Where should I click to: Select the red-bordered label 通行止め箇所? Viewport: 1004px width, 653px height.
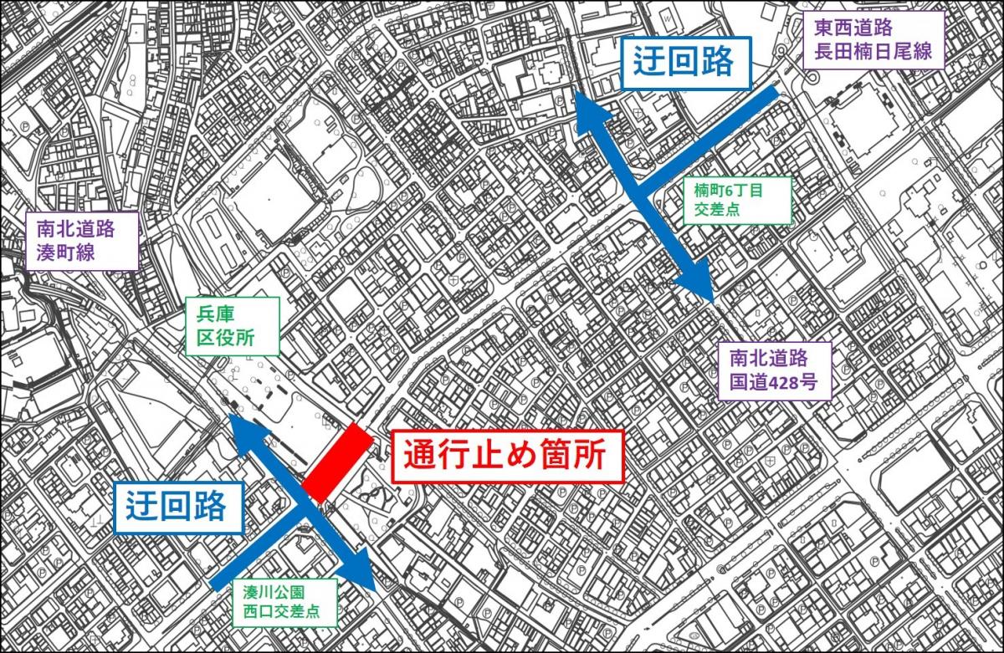[508, 457]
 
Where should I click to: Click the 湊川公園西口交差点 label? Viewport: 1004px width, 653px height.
[285, 602]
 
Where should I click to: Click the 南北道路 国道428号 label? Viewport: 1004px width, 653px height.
[767, 371]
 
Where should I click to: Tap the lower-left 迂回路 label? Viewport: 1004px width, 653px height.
[177, 506]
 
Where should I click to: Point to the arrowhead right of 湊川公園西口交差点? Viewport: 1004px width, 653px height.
[362, 571]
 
